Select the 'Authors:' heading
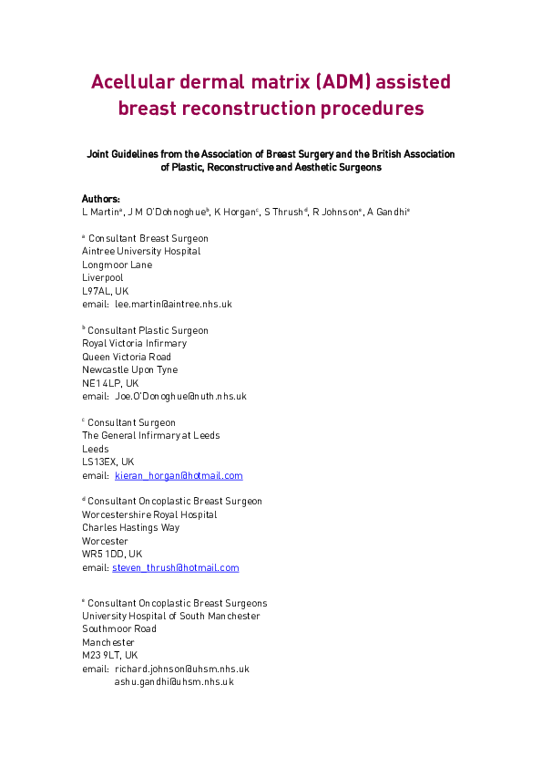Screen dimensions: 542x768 (x=100, y=198)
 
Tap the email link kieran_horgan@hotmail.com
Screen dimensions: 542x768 (x=179, y=475)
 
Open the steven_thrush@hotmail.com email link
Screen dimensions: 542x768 (x=176, y=567)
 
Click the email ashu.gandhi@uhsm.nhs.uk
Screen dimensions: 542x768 (x=174, y=681)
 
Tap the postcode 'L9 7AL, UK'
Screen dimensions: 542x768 (x=105, y=291)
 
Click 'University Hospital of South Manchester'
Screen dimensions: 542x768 (x=170, y=616)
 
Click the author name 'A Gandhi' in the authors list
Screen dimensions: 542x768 (x=387, y=211)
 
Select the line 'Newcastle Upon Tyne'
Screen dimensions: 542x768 (x=129, y=369)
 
